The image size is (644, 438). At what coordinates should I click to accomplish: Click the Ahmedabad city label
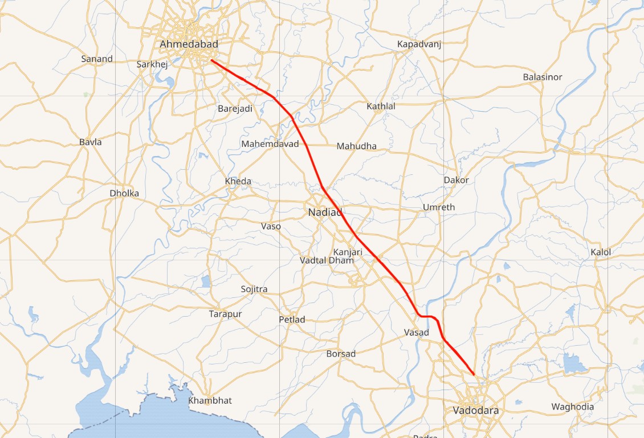coord(189,44)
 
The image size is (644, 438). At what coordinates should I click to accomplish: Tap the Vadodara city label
coord(475,411)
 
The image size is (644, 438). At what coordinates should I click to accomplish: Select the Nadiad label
coord(325,212)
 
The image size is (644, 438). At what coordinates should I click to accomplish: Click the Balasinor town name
coord(542,77)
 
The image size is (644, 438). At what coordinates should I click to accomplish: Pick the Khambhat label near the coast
coord(210,400)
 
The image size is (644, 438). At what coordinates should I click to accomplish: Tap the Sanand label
coord(97,59)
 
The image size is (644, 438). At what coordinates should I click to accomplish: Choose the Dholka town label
coord(124,193)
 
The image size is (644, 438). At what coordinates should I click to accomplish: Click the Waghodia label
coord(572,407)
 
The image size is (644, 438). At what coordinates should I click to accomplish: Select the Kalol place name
coord(601,252)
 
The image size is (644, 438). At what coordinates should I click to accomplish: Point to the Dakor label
coord(456,180)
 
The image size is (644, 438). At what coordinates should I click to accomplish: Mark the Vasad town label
coord(416,332)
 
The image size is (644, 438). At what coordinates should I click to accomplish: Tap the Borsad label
coord(341,354)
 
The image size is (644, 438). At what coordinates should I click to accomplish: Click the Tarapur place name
coord(225,314)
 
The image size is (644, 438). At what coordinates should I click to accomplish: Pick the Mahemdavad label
coord(270,144)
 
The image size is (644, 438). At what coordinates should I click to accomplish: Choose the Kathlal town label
coord(381,106)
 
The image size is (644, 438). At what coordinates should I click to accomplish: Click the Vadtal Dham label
coord(327,260)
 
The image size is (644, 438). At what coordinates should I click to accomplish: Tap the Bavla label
coord(91,142)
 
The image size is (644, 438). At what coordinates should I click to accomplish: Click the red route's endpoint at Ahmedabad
coord(211,60)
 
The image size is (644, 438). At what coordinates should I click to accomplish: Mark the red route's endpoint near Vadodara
coord(474,374)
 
